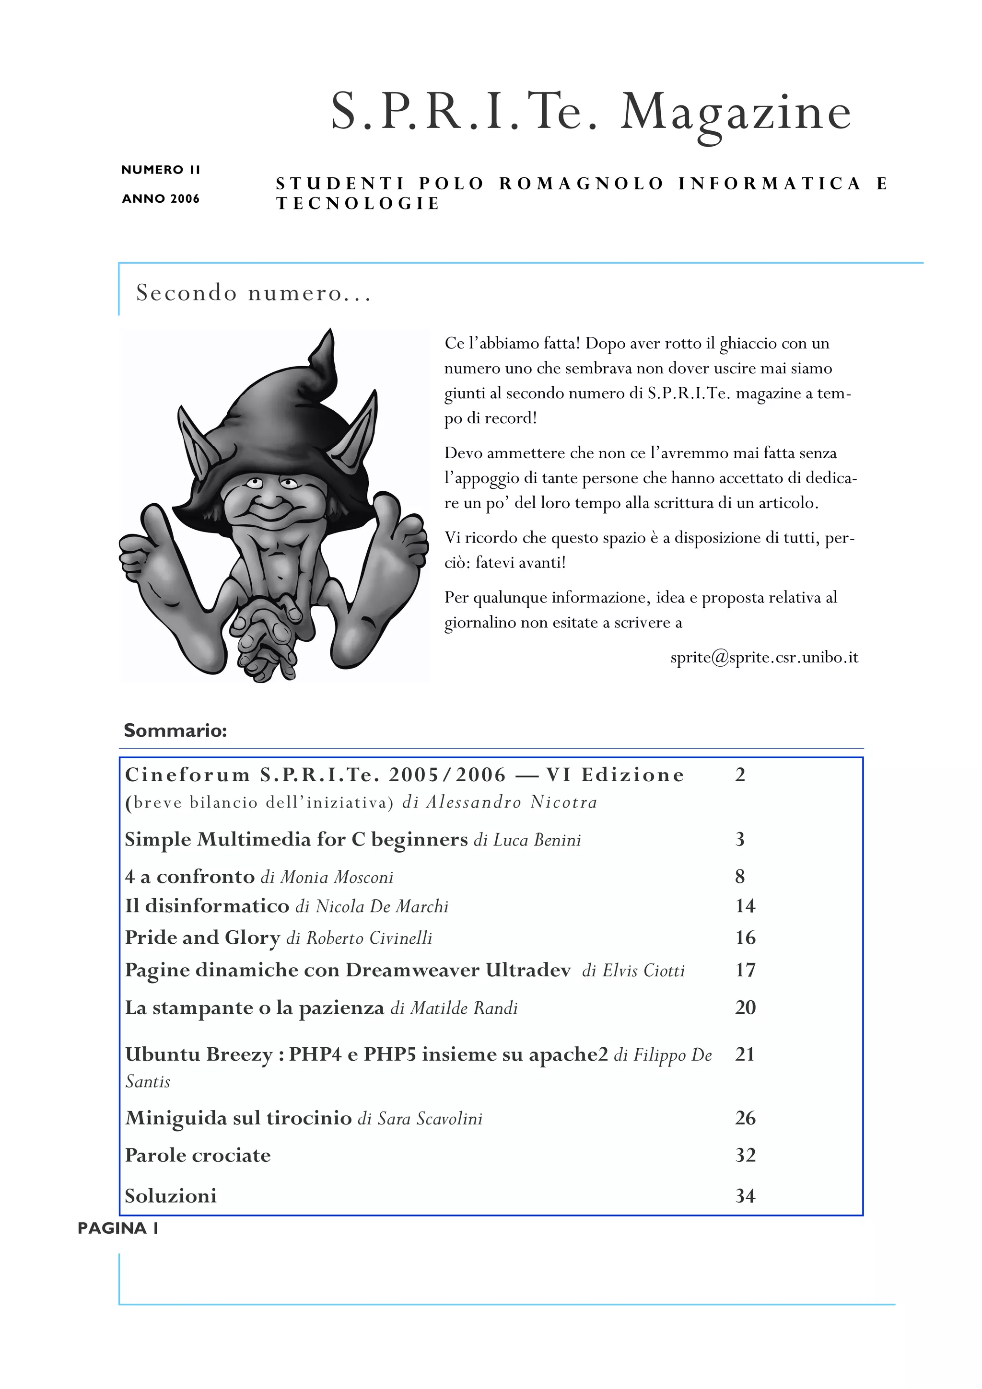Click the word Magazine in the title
click(736, 113)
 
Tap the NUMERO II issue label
click(160, 170)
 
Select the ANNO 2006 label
click(160, 199)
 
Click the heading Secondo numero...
click(252, 293)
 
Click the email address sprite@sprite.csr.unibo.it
click(763, 658)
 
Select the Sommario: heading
click(175, 731)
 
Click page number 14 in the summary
click(745, 906)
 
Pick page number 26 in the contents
click(745, 1118)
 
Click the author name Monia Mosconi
click(337, 877)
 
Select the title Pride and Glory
click(202, 938)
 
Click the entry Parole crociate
click(198, 1156)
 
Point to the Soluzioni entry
click(171, 1196)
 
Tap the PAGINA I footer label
click(118, 1229)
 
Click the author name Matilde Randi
click(464, 1008)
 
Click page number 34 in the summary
click(745, 1196)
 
